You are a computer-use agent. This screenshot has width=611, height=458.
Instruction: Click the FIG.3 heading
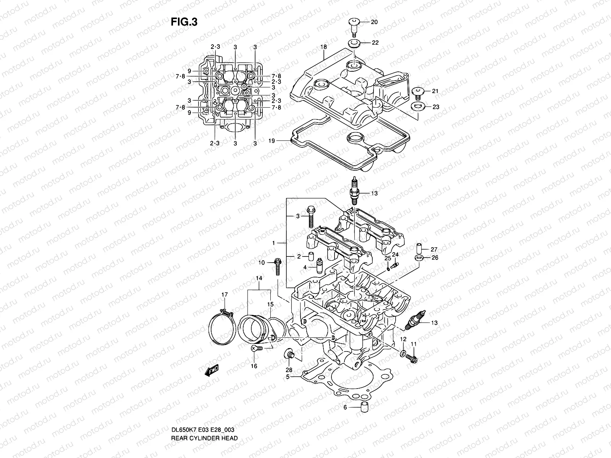[184, 22]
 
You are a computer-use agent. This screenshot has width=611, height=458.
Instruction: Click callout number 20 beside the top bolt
[374, 22]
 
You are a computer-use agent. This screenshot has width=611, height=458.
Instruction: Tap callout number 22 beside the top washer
[375, 43]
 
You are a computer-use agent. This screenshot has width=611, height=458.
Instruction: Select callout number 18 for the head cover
[323, 47]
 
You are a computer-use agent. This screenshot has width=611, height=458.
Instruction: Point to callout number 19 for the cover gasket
[272, 141]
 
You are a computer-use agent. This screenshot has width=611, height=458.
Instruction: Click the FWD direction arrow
[211, 370]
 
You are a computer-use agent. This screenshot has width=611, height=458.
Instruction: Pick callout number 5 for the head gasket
[288, 377]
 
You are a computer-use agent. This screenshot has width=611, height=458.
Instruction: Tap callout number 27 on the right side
[434, 250]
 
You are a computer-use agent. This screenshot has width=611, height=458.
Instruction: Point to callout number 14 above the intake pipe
[259, 278]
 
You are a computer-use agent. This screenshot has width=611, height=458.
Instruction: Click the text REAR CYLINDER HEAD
[204, 417]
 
